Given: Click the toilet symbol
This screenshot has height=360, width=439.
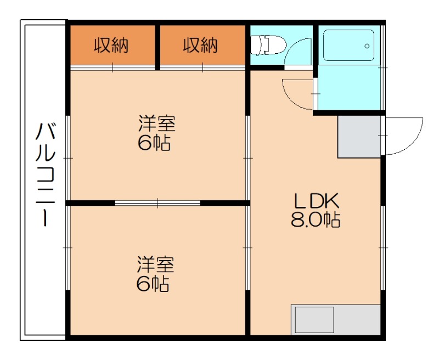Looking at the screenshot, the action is (268, 44).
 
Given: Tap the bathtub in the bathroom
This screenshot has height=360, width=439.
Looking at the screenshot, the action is (348, 46).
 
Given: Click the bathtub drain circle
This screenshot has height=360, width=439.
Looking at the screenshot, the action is (367, 46).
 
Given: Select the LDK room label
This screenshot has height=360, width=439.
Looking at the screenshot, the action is (316, 201).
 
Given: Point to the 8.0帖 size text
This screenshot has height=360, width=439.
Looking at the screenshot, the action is (316, 220).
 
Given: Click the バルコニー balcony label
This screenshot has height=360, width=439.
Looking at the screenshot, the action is (45, 174).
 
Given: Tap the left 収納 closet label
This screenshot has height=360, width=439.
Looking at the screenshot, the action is (111, 46).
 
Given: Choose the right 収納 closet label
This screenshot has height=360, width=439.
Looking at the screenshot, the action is (200, 46).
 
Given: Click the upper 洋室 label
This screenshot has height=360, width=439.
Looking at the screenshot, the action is (157, 123).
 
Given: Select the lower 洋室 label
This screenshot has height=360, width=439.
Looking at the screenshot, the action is (155, 265).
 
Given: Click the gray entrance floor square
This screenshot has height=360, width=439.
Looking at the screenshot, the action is (359, 137).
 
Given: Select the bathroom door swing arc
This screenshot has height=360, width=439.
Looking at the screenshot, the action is (291, 100).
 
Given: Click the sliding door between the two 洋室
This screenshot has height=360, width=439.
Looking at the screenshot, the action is (157, 203).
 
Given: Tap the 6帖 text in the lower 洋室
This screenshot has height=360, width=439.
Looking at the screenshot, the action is (153, 284).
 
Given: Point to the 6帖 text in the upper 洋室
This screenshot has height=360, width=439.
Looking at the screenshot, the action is (154, 144).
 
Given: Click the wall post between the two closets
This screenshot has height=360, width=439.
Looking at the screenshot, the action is (157, 48).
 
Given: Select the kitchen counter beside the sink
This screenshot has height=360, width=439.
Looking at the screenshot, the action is (357, 319).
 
